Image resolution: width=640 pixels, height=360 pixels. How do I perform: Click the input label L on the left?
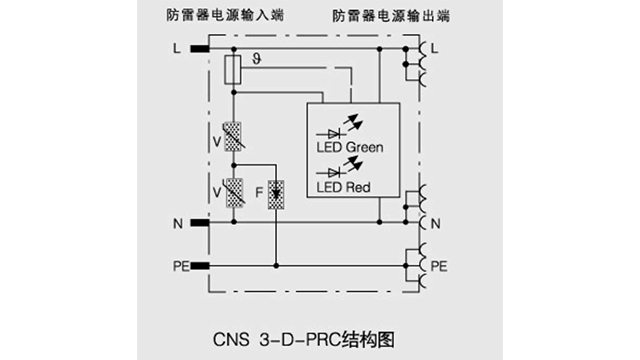tap(177, 48)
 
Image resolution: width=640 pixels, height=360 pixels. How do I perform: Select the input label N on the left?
tap(176, 222)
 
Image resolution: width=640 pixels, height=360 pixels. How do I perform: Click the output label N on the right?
tap(437, 221)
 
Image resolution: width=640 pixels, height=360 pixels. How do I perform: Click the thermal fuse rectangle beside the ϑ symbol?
tap(233, 69)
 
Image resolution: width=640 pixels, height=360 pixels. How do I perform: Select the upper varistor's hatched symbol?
tap(233, 135)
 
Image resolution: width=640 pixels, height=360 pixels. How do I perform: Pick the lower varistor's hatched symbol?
tap(233, 189)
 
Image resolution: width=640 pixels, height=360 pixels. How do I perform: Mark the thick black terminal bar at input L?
tap(199, 48)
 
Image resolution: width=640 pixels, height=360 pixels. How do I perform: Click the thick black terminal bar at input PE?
tap(199, 265)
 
